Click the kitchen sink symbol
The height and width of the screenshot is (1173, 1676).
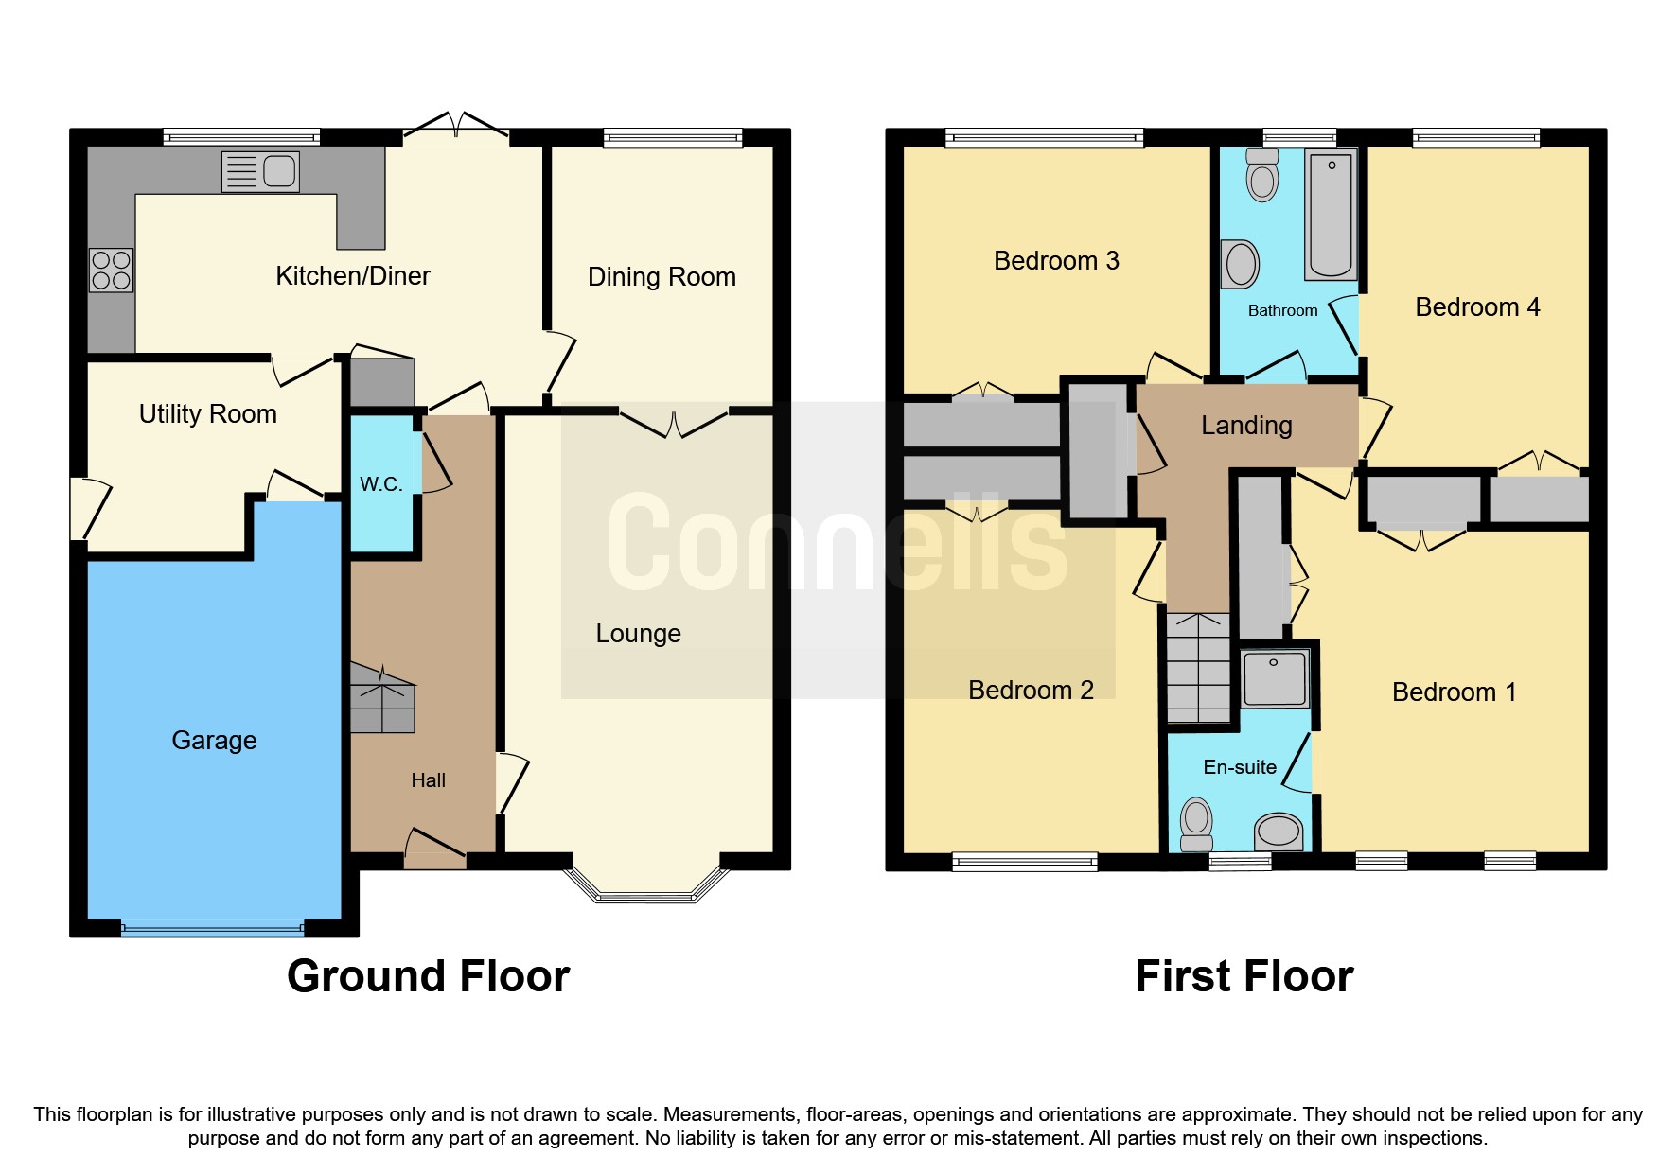pyautogui.click(x=260, y=172)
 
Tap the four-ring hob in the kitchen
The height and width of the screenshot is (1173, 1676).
pyautogui.click(x=111, y=270)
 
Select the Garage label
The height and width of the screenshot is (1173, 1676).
pyautogui.click(x=214, y=740)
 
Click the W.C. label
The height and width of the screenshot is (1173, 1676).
pyautogui.click(x=380, y=484)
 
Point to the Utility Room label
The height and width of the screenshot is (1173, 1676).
pyautogui.click(x=207, y=414)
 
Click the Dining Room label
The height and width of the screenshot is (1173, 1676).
pyautogui.click(x=661, y=277)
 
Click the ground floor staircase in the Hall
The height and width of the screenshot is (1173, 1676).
pyautogui.click(x=382, y=698)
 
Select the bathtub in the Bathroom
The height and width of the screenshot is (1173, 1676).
pyautogui.click(x=1331, y=214)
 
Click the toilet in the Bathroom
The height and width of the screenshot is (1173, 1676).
pyautogui.click(x=1262, y=174)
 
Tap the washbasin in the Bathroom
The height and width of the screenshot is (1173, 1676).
pyautogui.click(x=1241, y=264)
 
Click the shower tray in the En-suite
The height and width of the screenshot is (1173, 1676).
pyautogui.click(x=1275, y=677)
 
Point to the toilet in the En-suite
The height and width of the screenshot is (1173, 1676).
pyautogui.click(x=1197, y=824)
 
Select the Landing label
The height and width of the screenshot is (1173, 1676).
pyautogui.click(x=1246, y=426)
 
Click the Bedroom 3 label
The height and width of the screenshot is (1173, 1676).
pyautogui.click(x=1055, y=261)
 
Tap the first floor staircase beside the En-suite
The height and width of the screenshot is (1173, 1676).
pyautogui.click(x=1198, y=668)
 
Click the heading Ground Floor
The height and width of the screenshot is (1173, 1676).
pyautogui.click(x=428, y=976)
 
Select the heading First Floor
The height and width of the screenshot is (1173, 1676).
pyautogui.click(x=1244, y=976)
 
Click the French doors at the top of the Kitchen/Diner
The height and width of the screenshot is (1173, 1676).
pyautogui.click(x=456, y=126)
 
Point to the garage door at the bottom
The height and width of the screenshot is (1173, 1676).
pyautogui.click(x=212, y=929)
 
